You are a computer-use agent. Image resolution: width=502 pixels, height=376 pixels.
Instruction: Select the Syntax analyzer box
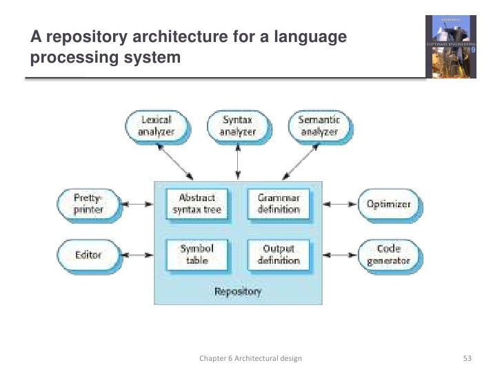click(x=237, y=125)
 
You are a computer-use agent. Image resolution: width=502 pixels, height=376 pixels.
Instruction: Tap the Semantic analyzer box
click(x=319, y=125)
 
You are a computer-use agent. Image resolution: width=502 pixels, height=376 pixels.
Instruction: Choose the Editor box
click(x=88, y=255)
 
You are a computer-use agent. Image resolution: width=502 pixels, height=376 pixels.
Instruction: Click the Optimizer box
click(x=389, y=205)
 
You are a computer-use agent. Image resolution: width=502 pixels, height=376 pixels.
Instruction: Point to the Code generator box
click(x=389, y=255)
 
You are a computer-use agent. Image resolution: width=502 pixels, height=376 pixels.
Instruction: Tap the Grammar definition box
click(x=278, y=204)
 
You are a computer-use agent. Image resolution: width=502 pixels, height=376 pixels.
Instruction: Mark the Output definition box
click(x=278, y=254)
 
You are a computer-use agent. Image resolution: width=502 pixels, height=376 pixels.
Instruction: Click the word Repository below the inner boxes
click(x=238, y=292)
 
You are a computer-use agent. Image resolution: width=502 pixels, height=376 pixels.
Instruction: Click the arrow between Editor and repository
click(x=137, y=255)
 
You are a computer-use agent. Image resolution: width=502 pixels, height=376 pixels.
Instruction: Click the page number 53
click(x=468, y=359)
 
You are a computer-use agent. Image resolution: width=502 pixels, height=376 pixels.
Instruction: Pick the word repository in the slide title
click(x=88, y=36)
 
